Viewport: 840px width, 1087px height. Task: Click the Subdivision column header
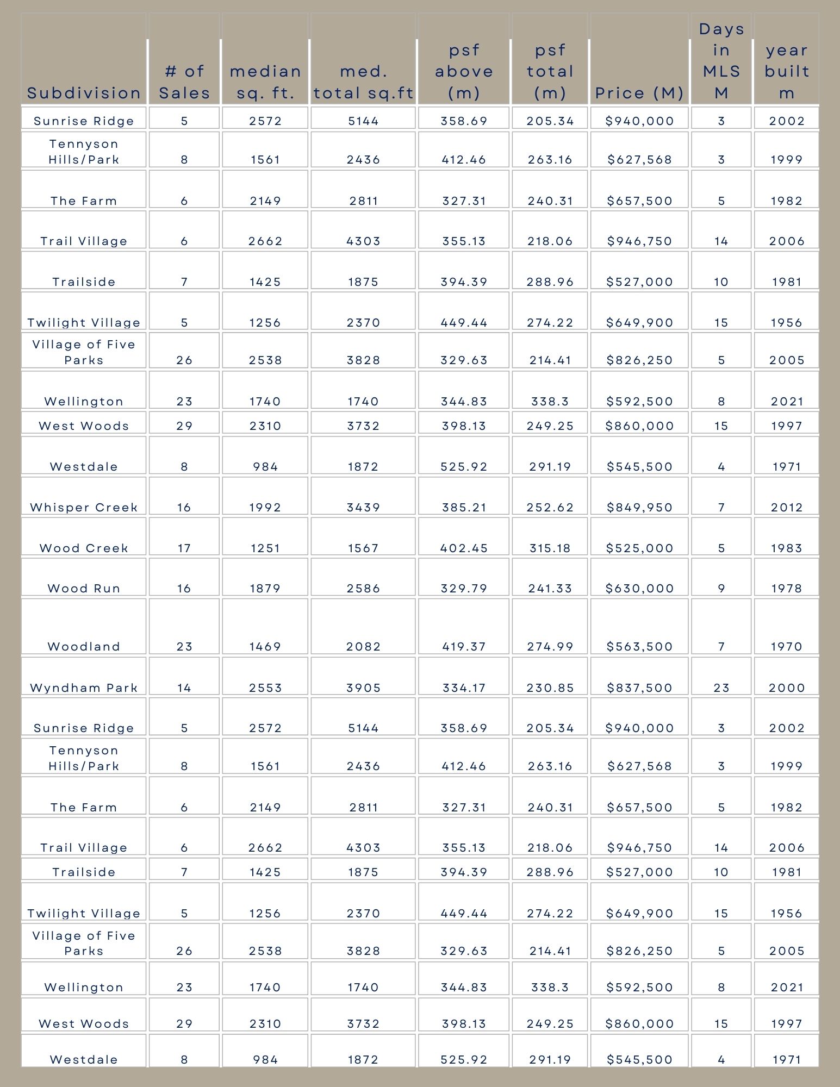point(84,93)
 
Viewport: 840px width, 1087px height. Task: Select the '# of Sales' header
point(184,82)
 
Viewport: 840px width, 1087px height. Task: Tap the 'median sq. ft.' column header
point(265,82)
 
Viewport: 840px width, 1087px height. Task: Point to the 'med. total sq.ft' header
point(363,82)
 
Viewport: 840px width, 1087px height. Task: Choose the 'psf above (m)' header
point(464,71)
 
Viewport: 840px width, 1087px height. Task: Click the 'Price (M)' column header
point(639,93)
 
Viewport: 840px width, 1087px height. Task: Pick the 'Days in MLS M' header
point(721,61)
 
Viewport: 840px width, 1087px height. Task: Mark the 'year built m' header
point(787,71)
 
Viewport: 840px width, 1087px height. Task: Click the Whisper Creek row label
point(84,507)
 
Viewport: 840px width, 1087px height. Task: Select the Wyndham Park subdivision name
point(84,688)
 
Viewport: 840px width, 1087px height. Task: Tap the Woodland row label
point(84,646)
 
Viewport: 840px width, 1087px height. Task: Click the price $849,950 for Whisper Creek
point(639,507)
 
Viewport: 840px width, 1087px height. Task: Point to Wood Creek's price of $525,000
point(639,548)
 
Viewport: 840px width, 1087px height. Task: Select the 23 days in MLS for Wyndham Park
point(721,688)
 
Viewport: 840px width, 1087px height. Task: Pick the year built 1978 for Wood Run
point(787,588)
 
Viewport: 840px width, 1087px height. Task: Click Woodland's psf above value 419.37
point(464,646)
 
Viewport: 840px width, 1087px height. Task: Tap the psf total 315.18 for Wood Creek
point(550,548)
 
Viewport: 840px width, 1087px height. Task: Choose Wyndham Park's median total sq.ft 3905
point(363,688)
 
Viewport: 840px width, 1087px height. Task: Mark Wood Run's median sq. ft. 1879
point(265,588)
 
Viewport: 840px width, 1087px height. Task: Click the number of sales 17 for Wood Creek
point(184,548)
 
